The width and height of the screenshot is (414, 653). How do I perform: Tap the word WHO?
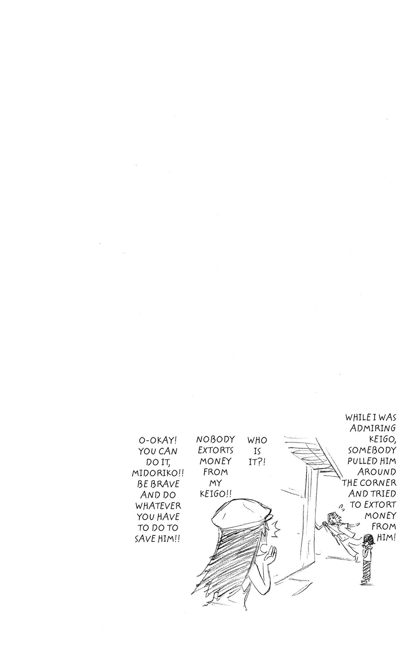(x=257, y=440)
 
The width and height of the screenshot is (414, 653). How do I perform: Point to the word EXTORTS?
(x=215, y=450)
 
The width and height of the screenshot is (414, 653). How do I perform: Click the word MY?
(x=215, y=483)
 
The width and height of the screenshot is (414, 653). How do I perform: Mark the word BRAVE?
(x=165, y=484)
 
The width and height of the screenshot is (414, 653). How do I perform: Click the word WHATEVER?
(x=158, y=506)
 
